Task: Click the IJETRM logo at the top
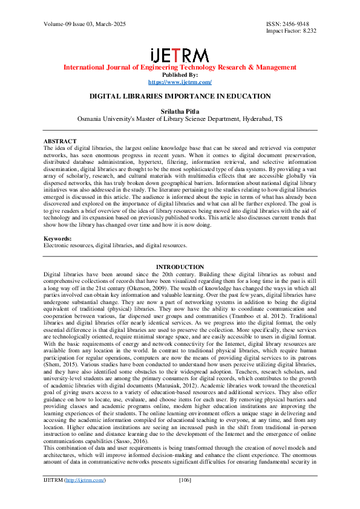click(x=180, y=55)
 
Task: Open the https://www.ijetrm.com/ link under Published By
click(x=180, y=82)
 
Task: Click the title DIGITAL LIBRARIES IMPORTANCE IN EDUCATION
click(x=180, y=96)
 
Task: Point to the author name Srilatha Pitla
click(x=180, y=111)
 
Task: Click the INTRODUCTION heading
click(x=180, y=267)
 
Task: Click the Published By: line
click(x=180, y=75)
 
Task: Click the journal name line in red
click(x=180, y=68)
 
